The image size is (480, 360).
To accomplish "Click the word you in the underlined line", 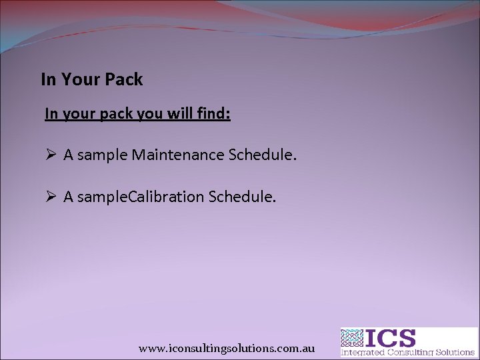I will [148, 114].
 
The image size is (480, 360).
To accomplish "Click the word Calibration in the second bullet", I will [166, 197].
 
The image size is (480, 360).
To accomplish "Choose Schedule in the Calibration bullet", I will [242, 197].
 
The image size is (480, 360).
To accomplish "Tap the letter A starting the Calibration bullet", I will [68, 197].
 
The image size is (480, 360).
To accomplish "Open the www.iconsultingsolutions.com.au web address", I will [227, 349].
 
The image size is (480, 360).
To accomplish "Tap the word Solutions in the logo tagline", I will [454, 352].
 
